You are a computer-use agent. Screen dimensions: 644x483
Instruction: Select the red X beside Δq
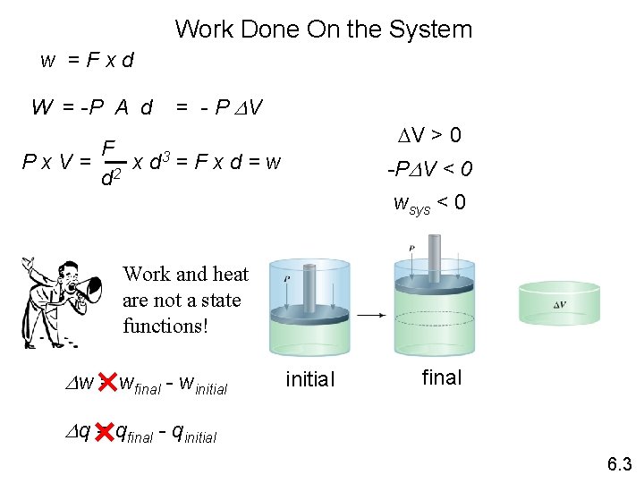(x=105, y=432)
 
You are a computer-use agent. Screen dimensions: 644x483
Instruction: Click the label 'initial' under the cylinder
(x=309, y=379)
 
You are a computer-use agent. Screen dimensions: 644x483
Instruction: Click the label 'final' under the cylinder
(x=442, y=377)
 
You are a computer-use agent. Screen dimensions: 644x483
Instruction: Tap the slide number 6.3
(x=619, y=463)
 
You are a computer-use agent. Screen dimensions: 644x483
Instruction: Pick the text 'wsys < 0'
(x=429, y=203)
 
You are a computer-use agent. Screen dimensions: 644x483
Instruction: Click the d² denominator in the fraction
(x=110, y=181)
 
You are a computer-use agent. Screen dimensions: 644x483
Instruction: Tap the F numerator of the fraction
(x=108, y=148)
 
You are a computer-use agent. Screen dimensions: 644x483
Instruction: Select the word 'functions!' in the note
(x=165, y=326)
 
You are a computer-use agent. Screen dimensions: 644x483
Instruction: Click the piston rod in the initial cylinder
(x=309, y=287)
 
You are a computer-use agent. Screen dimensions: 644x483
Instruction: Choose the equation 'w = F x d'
(x=88, y=61)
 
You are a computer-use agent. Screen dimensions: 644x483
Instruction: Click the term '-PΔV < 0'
(x=429, y=170)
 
